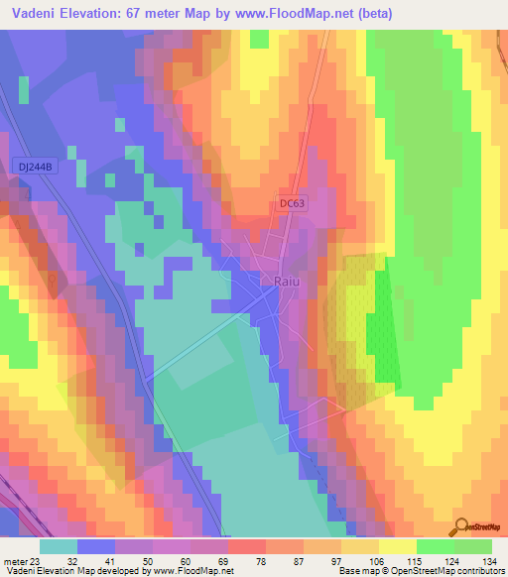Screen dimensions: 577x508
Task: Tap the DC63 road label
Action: click(x=290, y=203)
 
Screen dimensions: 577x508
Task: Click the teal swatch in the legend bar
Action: click(x=59, y=546)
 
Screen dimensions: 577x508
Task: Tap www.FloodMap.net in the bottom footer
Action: click(x=192, y=571)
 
